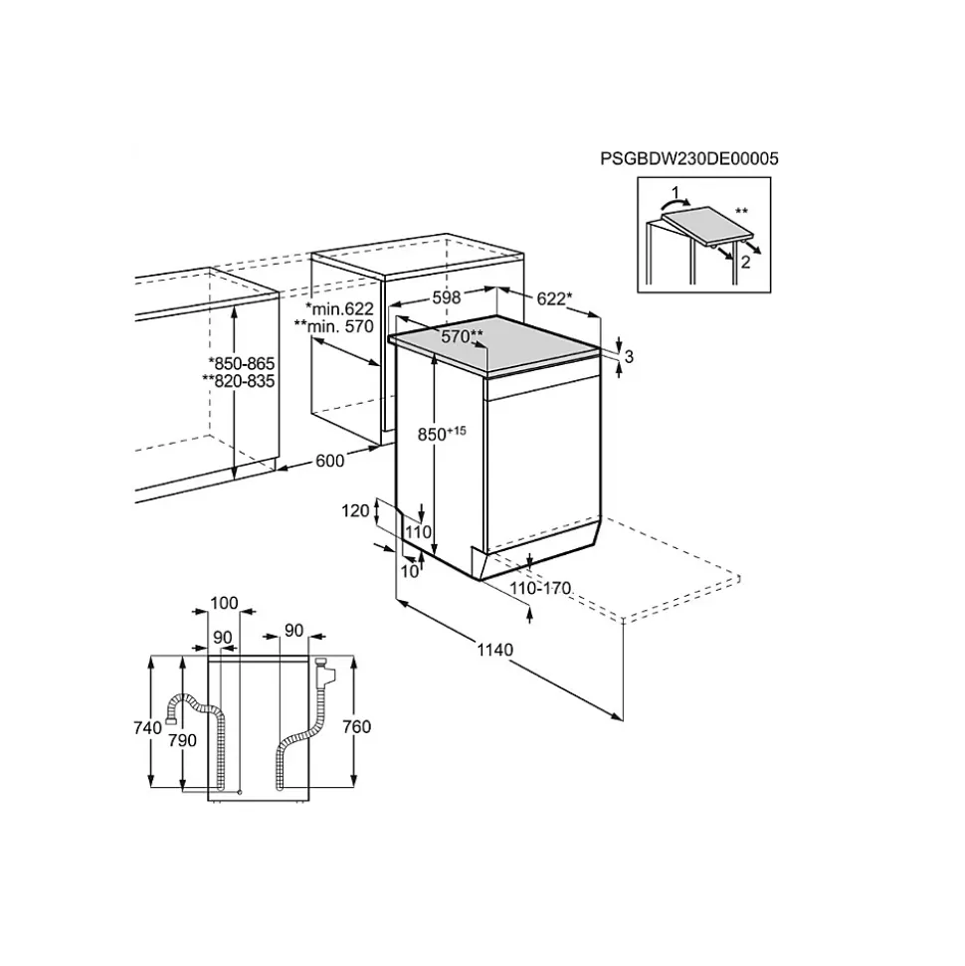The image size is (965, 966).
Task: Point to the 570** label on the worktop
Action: (462, 336)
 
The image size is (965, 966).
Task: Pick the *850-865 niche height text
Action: (241, 363)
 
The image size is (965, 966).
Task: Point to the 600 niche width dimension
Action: (329, 460)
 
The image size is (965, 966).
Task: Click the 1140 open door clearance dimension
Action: (494, 650)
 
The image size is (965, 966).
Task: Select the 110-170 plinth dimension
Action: (540, 588)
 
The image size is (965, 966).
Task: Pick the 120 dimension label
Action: (356, 510)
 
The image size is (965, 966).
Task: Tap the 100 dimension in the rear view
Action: (225, 603)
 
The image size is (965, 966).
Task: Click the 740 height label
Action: (148, 727)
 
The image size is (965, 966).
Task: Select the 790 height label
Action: (183, 740)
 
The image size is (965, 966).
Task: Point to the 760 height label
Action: (356, 726)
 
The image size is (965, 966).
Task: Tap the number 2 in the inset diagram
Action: (743, 261)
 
